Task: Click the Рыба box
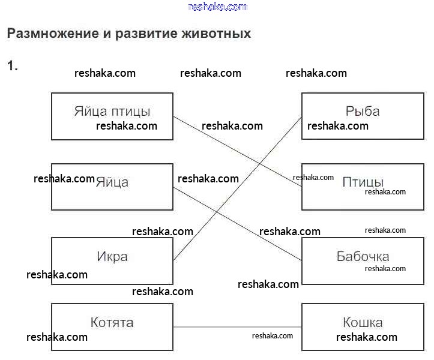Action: [x=362, y=112]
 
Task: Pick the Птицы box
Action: [x=362, y=182]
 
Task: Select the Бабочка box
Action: [x=362, y=257]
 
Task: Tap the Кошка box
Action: [x=362, y=323]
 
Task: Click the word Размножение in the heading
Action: [x=50, y=34]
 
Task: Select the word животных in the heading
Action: [x=215, y=34]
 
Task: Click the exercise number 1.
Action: [x=12, y=66]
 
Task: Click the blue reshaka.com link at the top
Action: [x=217, y=7]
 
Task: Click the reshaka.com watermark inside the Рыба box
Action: [x=338, y=126]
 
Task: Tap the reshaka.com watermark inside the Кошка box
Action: [x=367, y=337]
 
